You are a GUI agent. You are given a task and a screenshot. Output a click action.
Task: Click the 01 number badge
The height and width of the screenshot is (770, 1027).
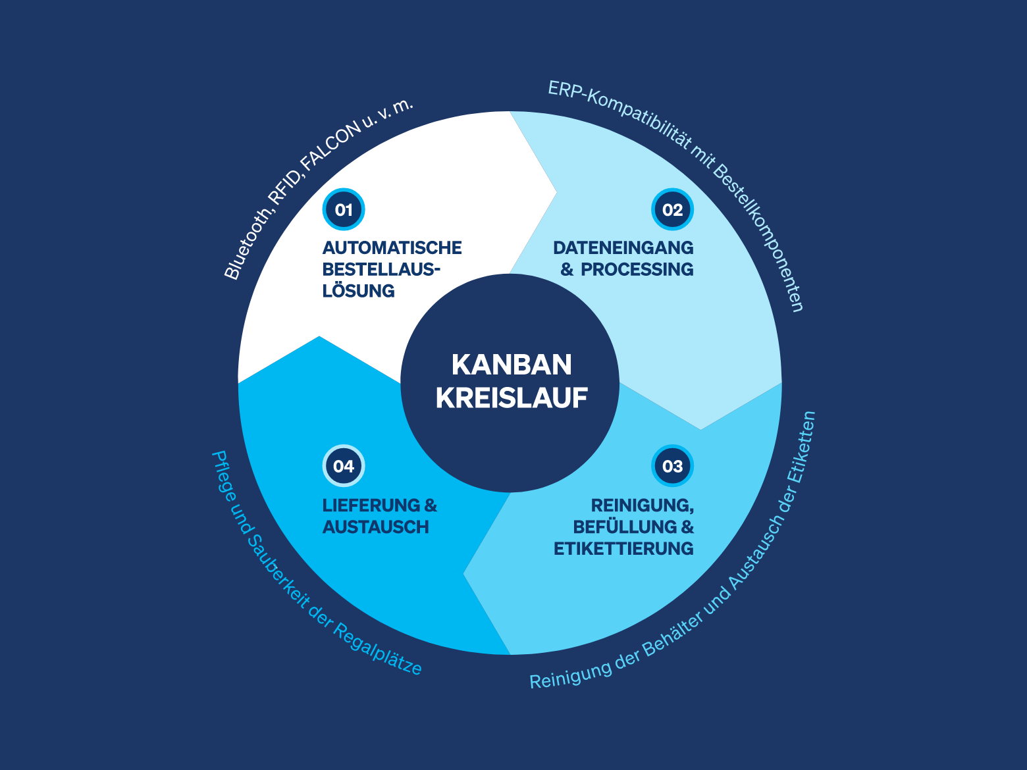344,209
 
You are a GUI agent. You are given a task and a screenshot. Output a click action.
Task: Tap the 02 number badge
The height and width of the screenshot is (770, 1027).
672,209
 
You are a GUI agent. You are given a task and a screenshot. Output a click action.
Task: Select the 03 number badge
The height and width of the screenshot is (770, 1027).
672,466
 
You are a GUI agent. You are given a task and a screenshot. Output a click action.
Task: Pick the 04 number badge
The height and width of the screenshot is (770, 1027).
344,466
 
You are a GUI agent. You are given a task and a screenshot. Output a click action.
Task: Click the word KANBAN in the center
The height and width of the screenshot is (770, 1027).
512,365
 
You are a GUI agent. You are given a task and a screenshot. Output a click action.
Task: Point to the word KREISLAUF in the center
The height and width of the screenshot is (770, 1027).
512,398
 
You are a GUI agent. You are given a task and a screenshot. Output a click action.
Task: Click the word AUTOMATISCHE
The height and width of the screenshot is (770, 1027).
392,248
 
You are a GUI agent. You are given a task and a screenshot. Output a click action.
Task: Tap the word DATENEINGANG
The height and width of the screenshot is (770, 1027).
623,248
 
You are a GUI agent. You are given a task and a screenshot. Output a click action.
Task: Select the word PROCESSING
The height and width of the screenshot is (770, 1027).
637,269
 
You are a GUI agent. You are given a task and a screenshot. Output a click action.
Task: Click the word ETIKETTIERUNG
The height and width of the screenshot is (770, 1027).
623,548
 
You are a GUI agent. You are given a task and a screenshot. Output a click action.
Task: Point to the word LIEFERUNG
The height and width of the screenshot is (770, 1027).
371,505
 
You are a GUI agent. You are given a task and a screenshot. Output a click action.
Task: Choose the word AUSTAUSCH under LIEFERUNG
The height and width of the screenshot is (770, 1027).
376,527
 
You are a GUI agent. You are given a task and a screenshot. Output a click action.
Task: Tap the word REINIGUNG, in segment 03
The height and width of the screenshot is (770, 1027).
643,506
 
